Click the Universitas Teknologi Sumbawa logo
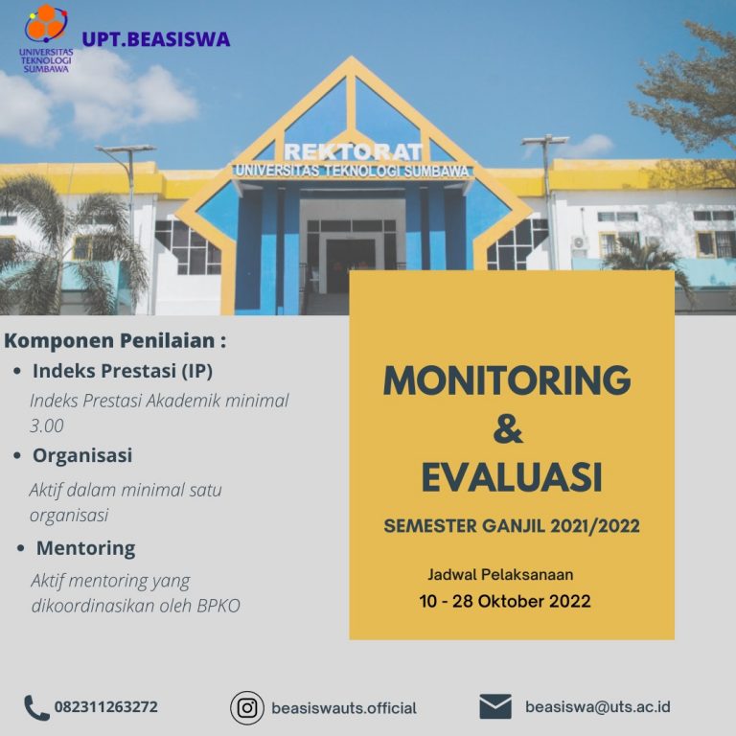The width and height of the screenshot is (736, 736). coord(46,38)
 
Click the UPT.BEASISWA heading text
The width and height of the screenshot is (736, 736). coord(156,39)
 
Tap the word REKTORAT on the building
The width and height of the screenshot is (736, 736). coord(353,152)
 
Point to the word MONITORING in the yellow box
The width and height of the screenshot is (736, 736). coord(507,380)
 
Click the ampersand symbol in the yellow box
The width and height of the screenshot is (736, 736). coord(508,428)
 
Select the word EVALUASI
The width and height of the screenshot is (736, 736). coord(512,477)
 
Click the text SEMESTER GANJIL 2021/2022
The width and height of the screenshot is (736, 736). coord(512,526)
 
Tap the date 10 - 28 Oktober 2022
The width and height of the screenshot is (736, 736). coord(505,601)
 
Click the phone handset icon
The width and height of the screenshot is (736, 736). coord(36,707)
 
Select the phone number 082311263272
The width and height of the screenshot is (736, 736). coord(106,707)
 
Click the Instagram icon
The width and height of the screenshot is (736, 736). coord(247,708)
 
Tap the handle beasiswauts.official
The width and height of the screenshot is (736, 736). coord(344,708)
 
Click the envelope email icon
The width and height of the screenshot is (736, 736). coord(495,706)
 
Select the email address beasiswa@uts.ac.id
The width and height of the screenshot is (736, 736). coord(598,707)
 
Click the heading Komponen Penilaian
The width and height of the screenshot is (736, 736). coord(115,341)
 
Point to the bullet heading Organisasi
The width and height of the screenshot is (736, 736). coord(82,455)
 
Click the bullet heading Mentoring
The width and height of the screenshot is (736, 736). coord(86,548)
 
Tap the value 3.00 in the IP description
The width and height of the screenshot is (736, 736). coord(46,425)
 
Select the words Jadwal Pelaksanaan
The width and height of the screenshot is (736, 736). coord(500,575)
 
